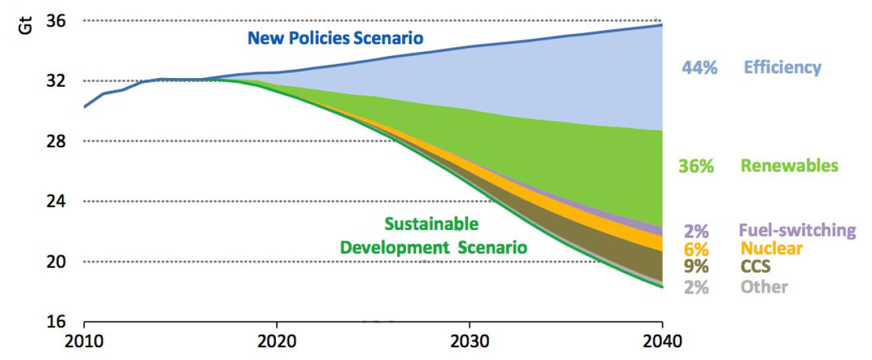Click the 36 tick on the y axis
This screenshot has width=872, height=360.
[x=56, y=21]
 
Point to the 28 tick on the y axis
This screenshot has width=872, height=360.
[x=56, y=141]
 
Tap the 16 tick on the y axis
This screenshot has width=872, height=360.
[x=56, y=321]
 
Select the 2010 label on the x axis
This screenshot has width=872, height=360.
[x=84, y=343]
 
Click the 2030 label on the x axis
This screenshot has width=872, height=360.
[x=470, y=343]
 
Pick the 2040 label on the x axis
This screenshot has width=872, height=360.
[x=662, y=343]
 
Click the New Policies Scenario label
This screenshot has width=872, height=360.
[x=335, y=37]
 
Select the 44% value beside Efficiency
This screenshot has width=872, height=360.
[x=699, y=67]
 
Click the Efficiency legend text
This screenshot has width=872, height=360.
[x=782, y=67]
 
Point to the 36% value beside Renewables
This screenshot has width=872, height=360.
[x=696, y=167]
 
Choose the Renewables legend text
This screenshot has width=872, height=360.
[x=789, y=165]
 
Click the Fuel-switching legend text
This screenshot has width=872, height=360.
[x=797, y=231]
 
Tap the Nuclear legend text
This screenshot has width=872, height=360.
[x=771, y=249]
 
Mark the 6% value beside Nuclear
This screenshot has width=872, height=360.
[x=696, y=249]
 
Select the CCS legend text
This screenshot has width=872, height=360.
[x=755, y=267]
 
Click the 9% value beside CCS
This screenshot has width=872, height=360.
[x=696, y=267]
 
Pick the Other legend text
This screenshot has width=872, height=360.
[x=763, y=287]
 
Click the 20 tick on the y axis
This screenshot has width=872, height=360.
[x=56, y=261]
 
